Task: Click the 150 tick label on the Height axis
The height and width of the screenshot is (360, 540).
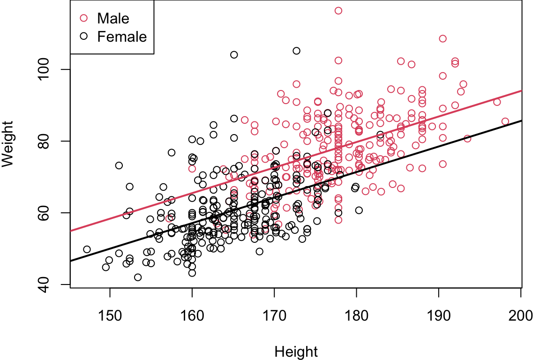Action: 110,315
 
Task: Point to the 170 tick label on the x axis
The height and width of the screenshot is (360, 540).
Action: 274,315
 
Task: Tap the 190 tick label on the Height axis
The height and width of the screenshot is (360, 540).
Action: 438,315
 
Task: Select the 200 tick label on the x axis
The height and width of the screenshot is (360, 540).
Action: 520,315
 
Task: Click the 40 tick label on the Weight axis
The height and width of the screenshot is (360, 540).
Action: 55,284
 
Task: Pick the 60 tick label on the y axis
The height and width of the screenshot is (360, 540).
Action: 55,212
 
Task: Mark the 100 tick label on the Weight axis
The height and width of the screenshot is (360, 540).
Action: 55,69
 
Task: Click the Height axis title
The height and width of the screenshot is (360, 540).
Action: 296,352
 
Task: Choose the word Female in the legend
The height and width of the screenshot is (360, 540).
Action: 122,36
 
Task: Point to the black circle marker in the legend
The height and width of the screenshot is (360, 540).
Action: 84,36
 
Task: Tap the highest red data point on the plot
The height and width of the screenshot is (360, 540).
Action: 338,10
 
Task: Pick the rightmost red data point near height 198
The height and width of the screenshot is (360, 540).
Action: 505,121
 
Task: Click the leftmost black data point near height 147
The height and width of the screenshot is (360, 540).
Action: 87,249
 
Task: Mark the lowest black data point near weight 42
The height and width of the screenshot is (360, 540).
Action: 138,277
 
